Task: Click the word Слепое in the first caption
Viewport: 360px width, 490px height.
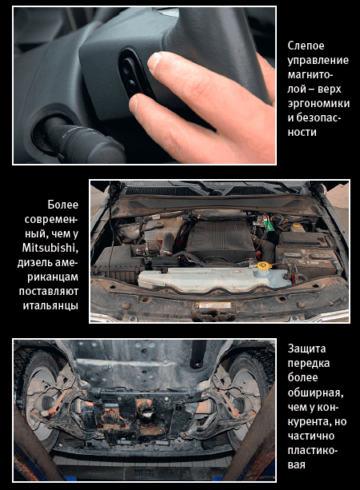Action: coord(302,46)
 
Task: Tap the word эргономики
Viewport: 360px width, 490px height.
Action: coord(318,104)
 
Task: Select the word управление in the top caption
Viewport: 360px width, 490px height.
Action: coord(318,61)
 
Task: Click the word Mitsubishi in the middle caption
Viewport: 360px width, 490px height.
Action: coord(50,248)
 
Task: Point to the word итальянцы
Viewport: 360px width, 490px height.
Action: coord(50,305)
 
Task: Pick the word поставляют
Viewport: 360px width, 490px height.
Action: coord(49,291)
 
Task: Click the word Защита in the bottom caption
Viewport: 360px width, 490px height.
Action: coord(306,349)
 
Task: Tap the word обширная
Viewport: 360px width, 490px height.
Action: coord(315,392)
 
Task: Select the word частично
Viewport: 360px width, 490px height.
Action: coord(311,436)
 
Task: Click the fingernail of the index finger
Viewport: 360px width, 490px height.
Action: coord(154,60)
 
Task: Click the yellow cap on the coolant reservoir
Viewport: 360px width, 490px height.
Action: coord(262,265)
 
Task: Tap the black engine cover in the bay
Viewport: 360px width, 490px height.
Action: coord(221,238)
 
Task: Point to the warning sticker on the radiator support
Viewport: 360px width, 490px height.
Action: coord(214,305)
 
